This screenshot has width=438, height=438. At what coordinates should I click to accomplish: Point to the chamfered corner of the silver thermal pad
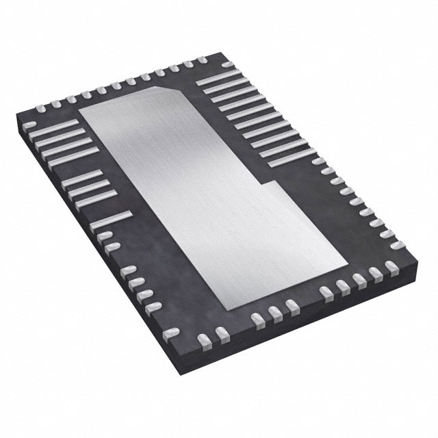(x=175, y=92)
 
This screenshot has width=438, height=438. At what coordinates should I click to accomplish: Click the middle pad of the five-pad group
(x=357, y=280)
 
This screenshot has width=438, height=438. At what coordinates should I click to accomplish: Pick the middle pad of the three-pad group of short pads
(x=274, y=312)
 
